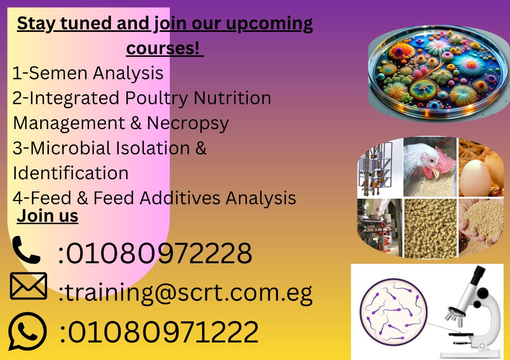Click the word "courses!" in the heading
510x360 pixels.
[163, 48]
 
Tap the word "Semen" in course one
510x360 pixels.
[58, 73]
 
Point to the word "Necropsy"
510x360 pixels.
[188, 123]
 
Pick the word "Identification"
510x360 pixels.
[71, 173]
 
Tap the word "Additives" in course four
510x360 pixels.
[180, 198]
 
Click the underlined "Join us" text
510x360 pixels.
[47, 216]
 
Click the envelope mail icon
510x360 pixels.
[29, 286]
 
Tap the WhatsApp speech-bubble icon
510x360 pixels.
[27, 331]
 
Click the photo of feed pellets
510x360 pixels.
[430, 229]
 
